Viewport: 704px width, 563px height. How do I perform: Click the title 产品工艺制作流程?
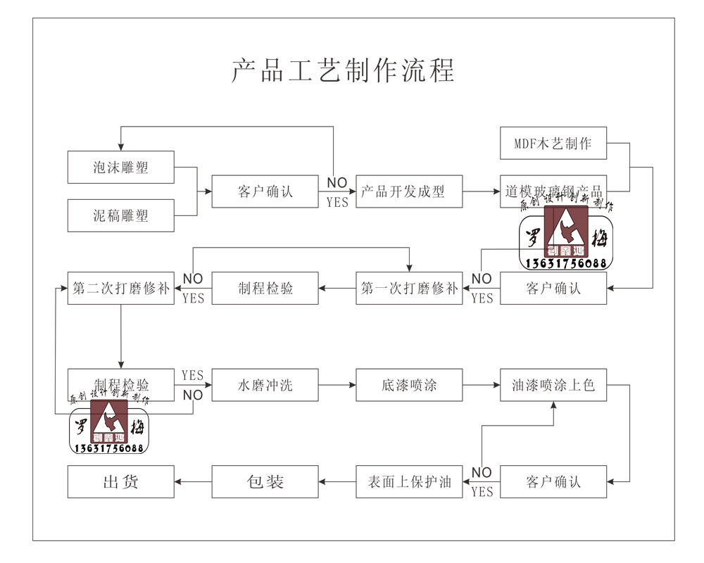click(343, 70)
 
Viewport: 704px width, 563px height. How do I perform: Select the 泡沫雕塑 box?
click(121, 167)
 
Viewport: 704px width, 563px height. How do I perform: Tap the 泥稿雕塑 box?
click(121, 215)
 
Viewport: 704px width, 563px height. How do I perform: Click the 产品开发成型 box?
click(409, 191)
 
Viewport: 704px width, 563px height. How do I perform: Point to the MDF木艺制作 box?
click(553, 144)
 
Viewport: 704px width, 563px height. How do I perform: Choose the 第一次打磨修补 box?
click(409, 288)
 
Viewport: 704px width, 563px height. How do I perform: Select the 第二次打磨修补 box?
click(121, 288)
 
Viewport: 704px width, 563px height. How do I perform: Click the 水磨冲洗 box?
click(265, 385)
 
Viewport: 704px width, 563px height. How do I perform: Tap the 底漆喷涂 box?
click(409, 385)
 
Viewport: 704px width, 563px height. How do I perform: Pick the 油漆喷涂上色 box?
click(553, 385)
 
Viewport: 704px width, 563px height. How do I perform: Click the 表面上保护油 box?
click(409, 481)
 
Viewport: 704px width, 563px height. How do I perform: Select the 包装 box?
click(265, 481)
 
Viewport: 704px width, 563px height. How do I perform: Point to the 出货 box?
click(121, 481)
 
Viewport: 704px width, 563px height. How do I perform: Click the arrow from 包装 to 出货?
click(193, 481)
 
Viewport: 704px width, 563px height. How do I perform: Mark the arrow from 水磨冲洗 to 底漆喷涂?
click(337, 385)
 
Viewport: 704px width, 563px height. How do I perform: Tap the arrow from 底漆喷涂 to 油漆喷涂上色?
click(481, 385)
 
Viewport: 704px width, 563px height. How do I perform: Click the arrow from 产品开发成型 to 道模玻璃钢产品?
click(481, 191)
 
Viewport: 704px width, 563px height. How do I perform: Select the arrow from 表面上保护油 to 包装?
click(337, 481)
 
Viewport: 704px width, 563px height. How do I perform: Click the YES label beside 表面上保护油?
click(482, 491)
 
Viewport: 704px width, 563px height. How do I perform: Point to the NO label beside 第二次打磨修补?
click(193, 279)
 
